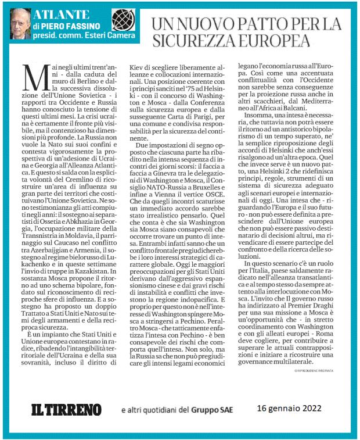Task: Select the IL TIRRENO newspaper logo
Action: coord(65,410)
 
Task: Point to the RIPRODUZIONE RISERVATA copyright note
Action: coord(323,370)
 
